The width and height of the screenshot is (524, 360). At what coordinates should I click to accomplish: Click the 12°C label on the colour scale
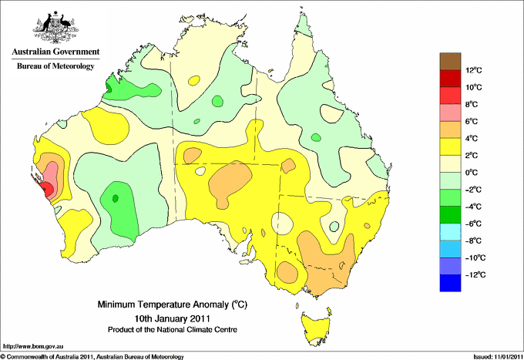point(474,70)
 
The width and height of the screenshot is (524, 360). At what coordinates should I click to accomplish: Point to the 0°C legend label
point(472,173)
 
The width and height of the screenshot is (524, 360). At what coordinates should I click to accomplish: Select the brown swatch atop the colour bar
point(450,62)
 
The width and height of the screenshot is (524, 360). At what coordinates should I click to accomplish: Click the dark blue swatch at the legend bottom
point(450,283)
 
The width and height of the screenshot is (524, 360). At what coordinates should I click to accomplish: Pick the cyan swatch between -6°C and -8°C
point(450,232)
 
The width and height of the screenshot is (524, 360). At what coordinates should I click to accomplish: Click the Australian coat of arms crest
point(55,27)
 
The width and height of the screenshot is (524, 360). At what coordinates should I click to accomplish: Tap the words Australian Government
point(55,52)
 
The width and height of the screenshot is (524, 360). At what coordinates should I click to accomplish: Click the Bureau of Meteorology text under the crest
point(55,66)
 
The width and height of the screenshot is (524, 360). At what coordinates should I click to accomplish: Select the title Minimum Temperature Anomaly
point(173,304)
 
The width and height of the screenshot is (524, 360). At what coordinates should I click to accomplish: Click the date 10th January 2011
point(173,318)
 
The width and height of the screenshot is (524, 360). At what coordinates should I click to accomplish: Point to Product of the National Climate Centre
point(173,330)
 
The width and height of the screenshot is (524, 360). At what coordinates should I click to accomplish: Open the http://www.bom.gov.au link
point(33,346)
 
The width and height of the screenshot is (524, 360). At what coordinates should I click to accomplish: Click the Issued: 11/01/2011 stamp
point(499,357)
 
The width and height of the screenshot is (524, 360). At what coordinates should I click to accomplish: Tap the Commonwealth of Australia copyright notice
point(92,357)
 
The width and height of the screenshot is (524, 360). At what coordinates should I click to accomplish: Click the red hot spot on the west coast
point(47,190)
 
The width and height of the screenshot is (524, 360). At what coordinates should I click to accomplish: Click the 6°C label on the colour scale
point(472,121)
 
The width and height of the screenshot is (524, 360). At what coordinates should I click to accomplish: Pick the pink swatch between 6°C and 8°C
point(450,113)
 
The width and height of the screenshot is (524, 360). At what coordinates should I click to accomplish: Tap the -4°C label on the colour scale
point(474,207)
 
